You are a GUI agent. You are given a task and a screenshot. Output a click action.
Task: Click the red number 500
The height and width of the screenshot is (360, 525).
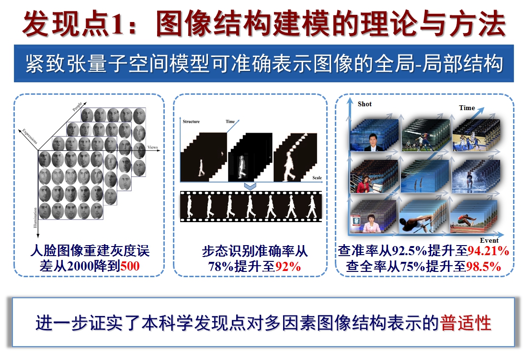pyautogui.click(x=130, y=266)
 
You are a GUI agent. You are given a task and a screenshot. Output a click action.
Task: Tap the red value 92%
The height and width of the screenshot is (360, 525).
pyautogui.click(x=288, y=267)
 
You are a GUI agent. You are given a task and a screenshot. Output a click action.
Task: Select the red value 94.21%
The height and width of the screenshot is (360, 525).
pyautogui.click(x=488, y=250)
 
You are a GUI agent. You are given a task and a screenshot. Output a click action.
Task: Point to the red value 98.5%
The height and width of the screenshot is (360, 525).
pyautogui.click(x=483, y=266)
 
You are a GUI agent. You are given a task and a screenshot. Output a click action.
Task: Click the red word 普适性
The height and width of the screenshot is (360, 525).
pyautogui.click(x=466, y=323)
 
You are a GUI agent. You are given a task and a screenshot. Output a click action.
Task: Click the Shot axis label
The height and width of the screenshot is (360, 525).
pyautogui.click(x=365, y=104)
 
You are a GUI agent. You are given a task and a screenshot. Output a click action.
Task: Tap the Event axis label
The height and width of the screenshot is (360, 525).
pyautogui.click(x=489, y=240)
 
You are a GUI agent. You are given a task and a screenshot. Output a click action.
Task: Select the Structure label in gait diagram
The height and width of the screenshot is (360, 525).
pyautogui.click(x=191, y=122)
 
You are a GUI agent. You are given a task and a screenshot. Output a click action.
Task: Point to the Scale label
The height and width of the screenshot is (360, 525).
pyautogui.click(x=317, y=178)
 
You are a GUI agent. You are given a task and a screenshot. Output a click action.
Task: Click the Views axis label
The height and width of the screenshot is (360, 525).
pyautogui.click(x=153, y=147)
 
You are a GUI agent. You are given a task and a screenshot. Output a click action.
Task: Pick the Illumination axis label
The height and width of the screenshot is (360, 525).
pyautogui.click(x=35, y=218)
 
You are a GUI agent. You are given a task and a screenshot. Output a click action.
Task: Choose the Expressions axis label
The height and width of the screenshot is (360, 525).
pyautogui.click(x=30, y=136)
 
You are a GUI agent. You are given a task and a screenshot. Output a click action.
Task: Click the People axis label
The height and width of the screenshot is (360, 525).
pyautogui.click(x=77, y=107)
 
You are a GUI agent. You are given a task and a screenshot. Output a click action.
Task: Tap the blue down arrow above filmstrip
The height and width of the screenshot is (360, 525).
pyautogui.click(x=250, y=186)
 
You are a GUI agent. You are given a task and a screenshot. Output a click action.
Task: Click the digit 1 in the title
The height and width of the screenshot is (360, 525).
pyautogui.click(x=117, y=24)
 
